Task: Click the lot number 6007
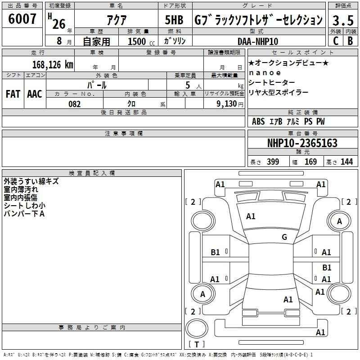click(22, 19)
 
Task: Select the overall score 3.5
click(343, 20)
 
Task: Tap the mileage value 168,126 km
click(53, 65)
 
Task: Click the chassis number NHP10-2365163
click(302, 143)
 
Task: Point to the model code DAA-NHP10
click(258, 41)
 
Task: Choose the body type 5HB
click(174, 20)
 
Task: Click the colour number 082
click(75, 104)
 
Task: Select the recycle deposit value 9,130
click(227, 104)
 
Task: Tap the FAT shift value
click(13, 94)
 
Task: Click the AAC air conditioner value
click(35, 94)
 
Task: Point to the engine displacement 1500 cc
click(141, 41)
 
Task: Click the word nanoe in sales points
click(265, 73)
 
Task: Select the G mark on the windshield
click(284, 237)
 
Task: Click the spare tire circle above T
click(197, 328)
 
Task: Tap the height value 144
click(346, 162)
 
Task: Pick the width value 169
click(310, 162)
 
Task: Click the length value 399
click(273, 162)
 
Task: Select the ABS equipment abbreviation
click(258, 121)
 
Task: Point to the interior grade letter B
click(350, 41)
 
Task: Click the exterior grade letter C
click(335, 41)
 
